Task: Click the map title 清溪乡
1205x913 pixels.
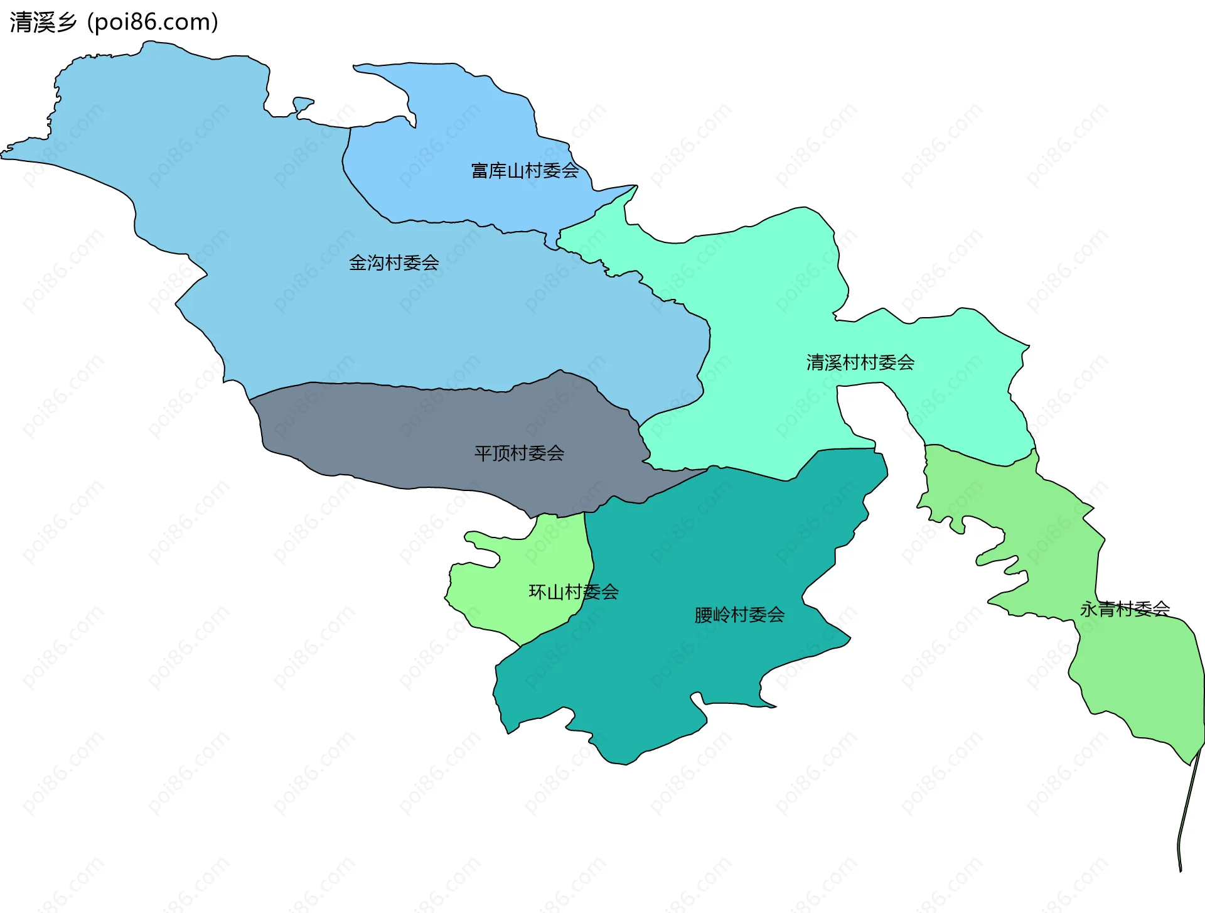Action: pos(43,23)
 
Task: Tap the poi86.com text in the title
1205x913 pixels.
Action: pos(153,23)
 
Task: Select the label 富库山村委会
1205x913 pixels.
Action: pos(525,171)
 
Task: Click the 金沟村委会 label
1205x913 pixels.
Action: pos(394,263)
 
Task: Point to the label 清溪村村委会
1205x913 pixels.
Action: pos(860,362)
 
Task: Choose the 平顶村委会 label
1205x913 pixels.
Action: pos(519,453)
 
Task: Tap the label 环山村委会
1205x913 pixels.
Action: pos(574,592)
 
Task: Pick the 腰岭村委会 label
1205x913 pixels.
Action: pos(739,615)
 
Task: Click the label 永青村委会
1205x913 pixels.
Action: pos(1125,608)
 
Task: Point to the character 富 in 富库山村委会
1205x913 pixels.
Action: pos(480,171)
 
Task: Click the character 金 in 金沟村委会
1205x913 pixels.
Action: pos(358,263)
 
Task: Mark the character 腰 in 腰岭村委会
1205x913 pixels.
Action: pos(704,615)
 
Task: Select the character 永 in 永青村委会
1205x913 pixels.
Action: pos(1089,608)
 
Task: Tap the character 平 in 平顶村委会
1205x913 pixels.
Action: pos(483,453)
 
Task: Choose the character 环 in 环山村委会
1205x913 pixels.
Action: pos(538,592)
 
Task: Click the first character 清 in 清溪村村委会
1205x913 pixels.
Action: pos(815,362)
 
